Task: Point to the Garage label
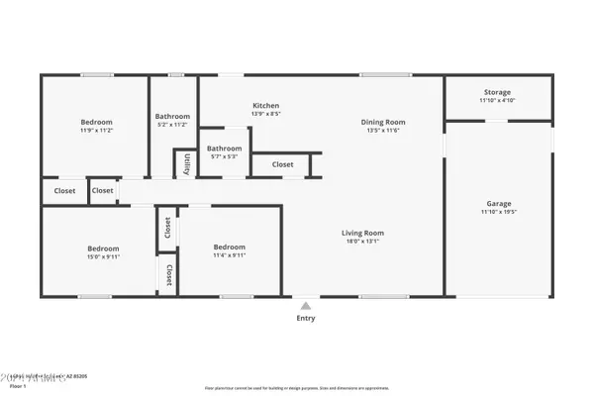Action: (x=499, y=202)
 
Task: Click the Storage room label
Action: (x=497, y=91)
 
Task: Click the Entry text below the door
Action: (x=306, y=318)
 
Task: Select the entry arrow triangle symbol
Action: (x=306, y=306)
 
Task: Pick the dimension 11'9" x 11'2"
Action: (x=96, y=131)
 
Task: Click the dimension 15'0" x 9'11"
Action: (x=103, y=255)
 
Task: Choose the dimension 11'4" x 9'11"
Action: (x=229, y=255)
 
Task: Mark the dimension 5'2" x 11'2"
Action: (x=172, y=125)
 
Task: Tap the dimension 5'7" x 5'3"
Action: (x=225, y=156)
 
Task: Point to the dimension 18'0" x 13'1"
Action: (x=362, y=241)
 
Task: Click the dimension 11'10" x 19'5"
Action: (x=499, y=211)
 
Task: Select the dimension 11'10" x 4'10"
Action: (x=497, y=100)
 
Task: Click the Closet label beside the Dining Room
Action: (x=282, y=164)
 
